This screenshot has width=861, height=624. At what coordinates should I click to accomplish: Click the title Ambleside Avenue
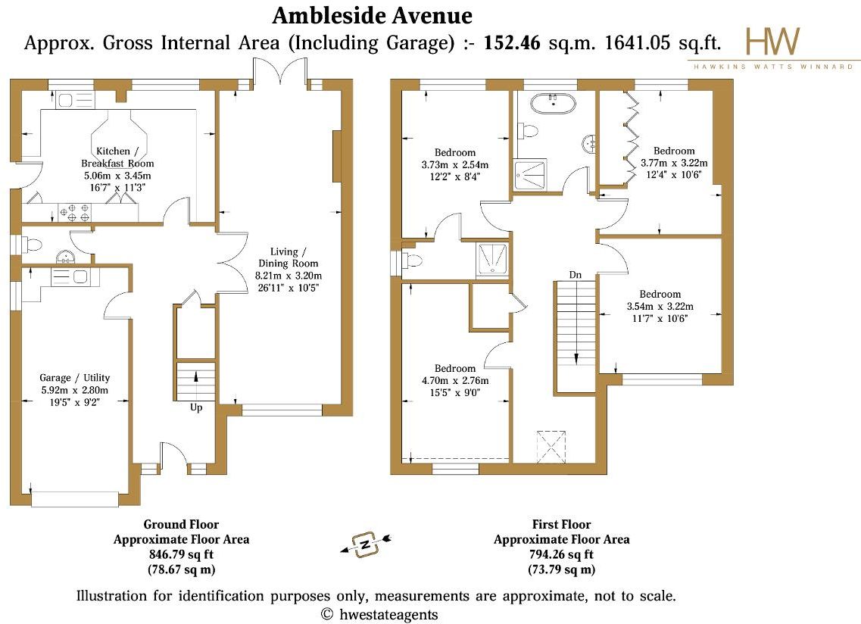tap(372, 15)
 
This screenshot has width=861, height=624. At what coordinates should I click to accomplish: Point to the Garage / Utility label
tap(75, 377)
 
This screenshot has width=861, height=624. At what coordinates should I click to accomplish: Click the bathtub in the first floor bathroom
tap(552, 101)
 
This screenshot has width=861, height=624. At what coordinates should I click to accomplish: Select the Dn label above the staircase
tap(576, 274)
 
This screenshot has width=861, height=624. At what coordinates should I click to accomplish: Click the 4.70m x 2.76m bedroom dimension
tap(455, 381)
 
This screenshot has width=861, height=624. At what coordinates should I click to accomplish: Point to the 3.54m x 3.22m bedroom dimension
tap(660, 307)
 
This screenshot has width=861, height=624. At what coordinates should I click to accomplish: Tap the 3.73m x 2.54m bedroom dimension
tap(454, 164)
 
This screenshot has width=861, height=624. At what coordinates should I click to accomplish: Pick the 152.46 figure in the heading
tap(512, 43)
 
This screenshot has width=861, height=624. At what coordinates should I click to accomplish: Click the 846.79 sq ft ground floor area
tap(182, 554)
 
